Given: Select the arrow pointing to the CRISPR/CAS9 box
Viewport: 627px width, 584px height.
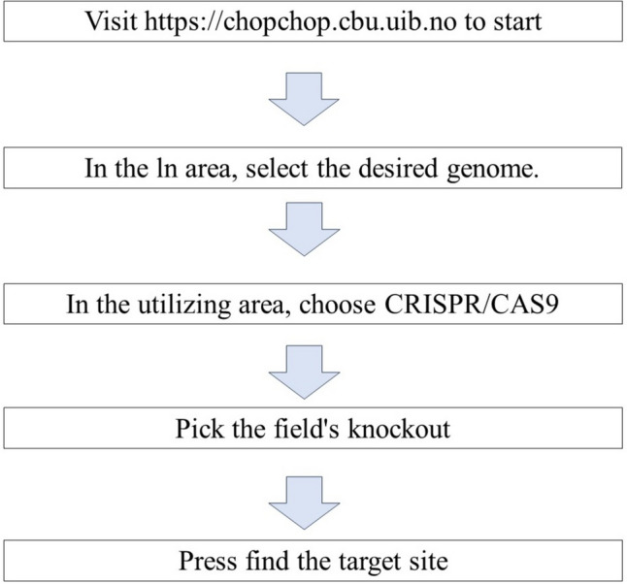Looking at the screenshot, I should (x=313, y=237).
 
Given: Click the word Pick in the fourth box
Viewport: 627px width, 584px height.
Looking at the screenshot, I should (x=196, y=428).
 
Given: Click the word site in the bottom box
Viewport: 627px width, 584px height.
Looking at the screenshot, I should (x=429, y=560).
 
